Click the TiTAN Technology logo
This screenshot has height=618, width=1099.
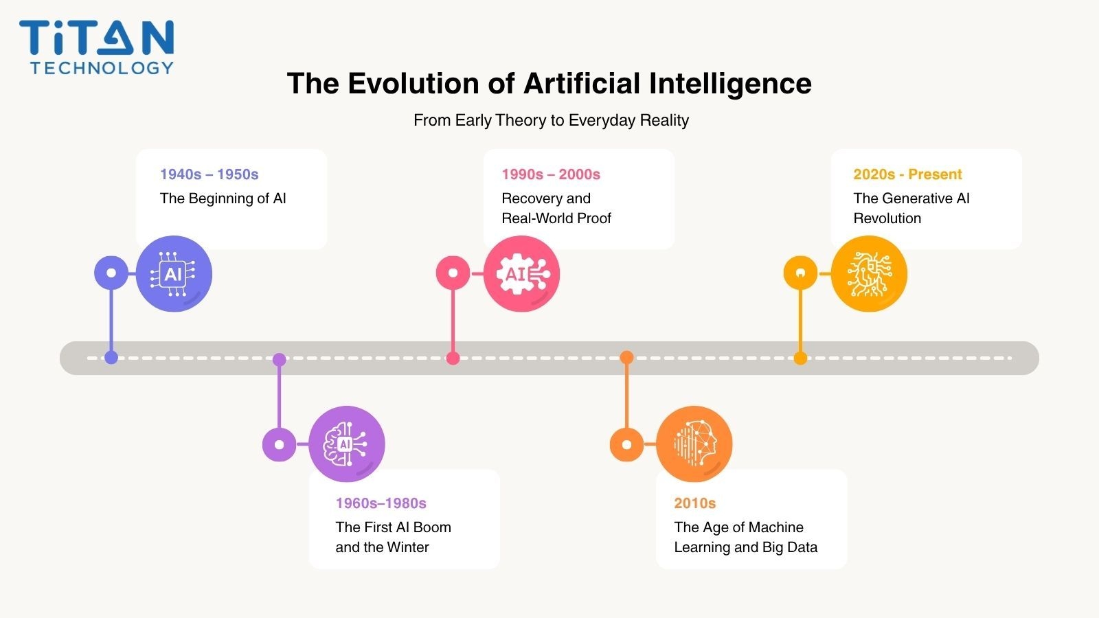97,47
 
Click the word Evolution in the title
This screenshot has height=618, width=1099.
413,83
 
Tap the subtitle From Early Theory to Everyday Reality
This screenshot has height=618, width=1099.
551,120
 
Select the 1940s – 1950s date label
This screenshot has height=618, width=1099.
209,174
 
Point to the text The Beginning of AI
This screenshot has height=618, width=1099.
223,198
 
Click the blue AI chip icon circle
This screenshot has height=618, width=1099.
174,273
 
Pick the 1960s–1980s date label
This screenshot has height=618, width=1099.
381,503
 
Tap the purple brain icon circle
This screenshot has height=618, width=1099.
347,444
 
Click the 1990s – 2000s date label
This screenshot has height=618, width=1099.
550,174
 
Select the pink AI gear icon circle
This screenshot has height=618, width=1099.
521,273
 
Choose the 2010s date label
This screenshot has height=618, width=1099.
694,503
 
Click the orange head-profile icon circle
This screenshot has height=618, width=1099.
694,444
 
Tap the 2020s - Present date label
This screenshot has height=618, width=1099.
907,174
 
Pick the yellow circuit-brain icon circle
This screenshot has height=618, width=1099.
869,273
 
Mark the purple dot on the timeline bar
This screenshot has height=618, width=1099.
279,360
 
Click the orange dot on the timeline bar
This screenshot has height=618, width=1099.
626,358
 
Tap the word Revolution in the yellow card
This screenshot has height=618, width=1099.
887,218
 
